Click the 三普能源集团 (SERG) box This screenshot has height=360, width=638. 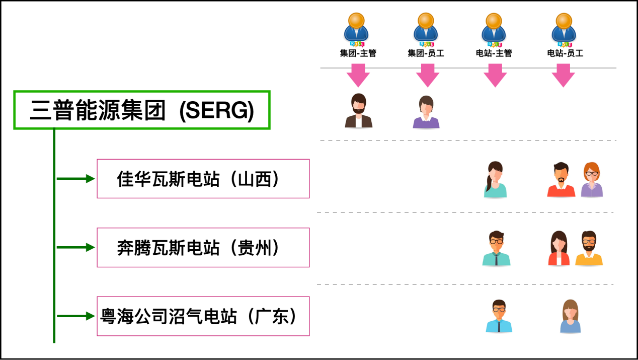tap(142, 110)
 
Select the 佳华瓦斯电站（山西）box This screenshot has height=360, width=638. tap(203, 179)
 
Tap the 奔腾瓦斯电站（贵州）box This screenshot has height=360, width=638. tap(203, 247)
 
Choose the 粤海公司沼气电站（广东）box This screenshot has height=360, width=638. tap(203, 316)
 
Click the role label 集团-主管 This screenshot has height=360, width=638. tap(358, 53)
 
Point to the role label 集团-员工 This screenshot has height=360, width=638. tap(426, 53)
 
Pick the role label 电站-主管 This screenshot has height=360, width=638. tap(494, 53)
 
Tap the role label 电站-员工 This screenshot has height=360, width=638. tap(565, 53)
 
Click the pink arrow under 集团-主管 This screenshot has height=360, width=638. tap(358, 76)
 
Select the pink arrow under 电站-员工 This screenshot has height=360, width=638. tap(564, 76)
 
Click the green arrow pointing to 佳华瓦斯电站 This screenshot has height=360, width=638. tap(75, 179)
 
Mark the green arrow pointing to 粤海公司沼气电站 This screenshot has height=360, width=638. tap(75, 316)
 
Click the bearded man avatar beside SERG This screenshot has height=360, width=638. tap(358, 111)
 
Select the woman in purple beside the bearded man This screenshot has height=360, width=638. tap(426, 112)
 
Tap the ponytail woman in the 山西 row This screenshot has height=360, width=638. tap(495, 180)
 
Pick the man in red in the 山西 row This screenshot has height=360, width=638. tap(561, 180)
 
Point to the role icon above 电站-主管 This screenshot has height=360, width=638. tap(494, 29)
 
